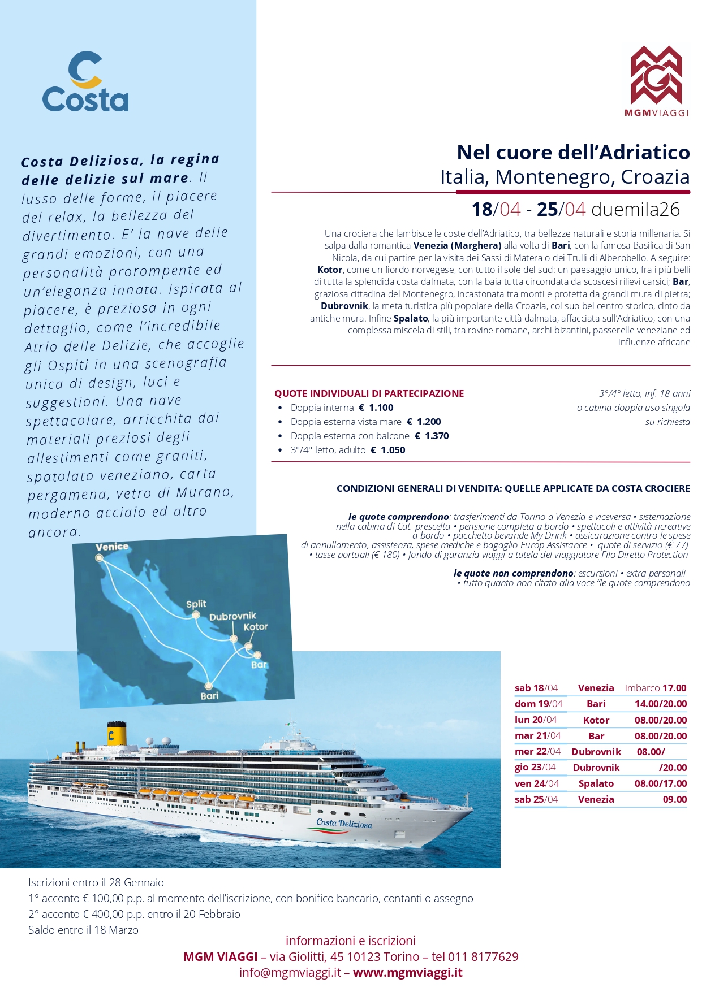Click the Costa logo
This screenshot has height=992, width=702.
(85, 82)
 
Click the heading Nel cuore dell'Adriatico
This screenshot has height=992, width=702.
(573, 153)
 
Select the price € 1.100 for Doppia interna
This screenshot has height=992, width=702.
(376, 408)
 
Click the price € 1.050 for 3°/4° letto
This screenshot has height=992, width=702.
(388, 450)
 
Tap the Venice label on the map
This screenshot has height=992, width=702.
(112, 547)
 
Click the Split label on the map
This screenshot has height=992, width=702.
(196, 604)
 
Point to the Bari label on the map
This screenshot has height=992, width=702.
(209, 696)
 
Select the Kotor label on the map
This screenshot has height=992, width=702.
(256, 627)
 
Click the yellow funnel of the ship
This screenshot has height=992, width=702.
(117, 734)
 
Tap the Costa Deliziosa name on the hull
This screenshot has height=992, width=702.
(344, 823)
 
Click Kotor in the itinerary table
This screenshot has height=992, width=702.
(596, 720)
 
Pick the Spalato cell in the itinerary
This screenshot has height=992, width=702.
(596, 783)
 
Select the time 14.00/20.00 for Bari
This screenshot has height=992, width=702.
(660, 704)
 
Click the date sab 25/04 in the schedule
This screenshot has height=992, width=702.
(536, 799)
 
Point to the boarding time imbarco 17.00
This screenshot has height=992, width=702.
(655, 688)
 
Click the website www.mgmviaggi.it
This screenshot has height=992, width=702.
(408, 972)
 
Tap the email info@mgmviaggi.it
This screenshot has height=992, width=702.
(290, 972)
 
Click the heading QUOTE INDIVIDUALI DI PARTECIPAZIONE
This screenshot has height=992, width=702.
(369, 393)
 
